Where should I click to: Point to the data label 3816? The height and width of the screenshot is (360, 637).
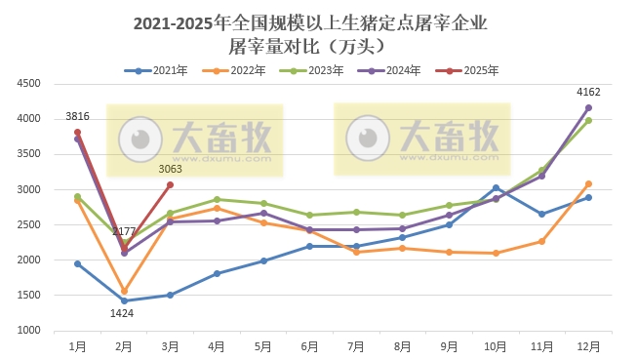78,117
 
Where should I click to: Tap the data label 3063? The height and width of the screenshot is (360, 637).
171,169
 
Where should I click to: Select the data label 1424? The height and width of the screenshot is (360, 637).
122,313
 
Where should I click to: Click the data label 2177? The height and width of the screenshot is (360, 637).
124,231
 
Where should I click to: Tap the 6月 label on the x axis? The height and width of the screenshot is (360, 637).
309,345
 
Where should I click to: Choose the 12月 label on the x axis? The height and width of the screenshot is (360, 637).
587,345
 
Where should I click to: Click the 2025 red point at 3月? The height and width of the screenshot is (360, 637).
170,184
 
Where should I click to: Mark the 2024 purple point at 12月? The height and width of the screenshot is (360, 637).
588,107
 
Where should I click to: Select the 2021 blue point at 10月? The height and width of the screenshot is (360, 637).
496,187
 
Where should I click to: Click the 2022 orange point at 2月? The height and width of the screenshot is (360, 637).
124,291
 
